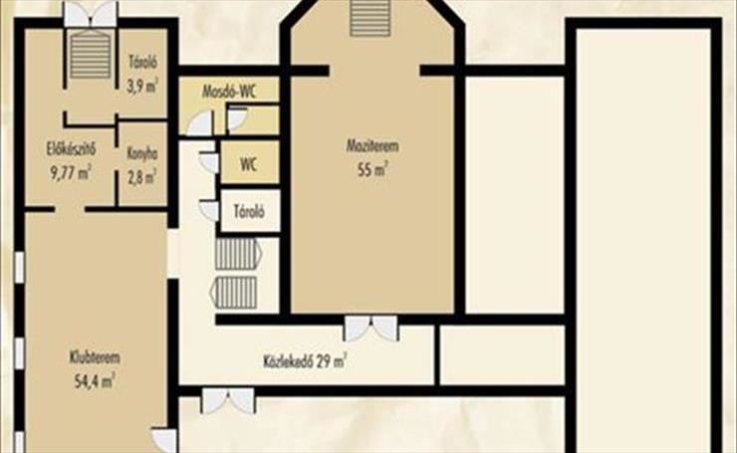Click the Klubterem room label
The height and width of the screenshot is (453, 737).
(95, 357)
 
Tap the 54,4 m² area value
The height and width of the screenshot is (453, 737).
(95, 380)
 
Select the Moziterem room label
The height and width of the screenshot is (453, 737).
(372, 145)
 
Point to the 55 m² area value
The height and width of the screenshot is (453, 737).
(372, 169)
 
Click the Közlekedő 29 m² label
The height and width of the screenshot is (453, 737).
(305, 361)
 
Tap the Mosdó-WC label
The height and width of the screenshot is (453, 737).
(229, 92)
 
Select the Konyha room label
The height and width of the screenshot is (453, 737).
(142, 153)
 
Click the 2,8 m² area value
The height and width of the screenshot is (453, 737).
(142, 176)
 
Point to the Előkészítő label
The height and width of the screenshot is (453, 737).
(71, 149)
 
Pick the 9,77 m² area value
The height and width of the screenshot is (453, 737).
(71, 172)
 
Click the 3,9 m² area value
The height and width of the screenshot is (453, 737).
(142, 86)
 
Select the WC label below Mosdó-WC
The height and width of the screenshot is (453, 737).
(248, 164)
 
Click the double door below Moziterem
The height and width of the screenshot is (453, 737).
(371, 328)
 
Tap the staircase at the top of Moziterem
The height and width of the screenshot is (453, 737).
(370, 18)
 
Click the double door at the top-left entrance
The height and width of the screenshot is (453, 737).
(91, 15)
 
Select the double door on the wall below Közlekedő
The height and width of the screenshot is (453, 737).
(228, 400)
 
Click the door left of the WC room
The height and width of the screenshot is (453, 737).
(208, 162)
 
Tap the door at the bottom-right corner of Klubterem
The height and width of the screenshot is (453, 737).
(164, 441)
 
